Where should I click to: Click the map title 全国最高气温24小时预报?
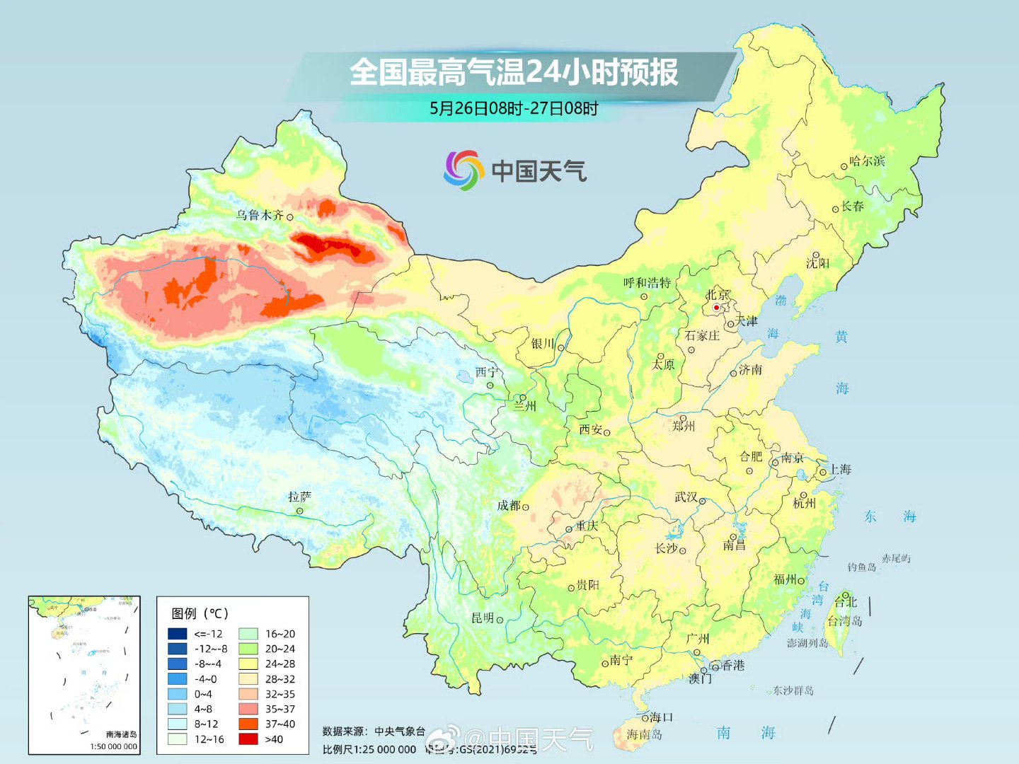pyautogui.click(x=514, y=72)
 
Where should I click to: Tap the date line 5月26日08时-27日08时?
pyautogui.click(x=514, y=108)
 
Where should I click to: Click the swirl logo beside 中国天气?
pyautogui.click(x=463, y=170)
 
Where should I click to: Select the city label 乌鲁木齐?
pyautogui.click(x=260, y=215)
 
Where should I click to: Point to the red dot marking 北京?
pyautogui.click(x=716, y=308)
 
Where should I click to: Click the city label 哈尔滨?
pyautogui.click(x=867, y=161)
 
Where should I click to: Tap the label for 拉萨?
pyautogui.click(x=299, y=497)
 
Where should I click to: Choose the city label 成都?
pyautogui.click(x=508, y=506)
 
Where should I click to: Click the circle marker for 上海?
pyautogui.click(x=822, y=472)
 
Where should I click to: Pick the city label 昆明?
pyautogui.click(x=483, y=618)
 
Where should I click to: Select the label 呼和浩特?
pyautogui.click(x=647, y=283)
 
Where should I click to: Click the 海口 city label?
pyautogui.click(x=662, y=717)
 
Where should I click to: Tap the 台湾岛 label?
pyautogui.click(x=845, y=621)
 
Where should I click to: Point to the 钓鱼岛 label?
pyautogui.click(x=862, y=567)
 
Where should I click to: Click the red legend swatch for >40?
pyautogui.click(x=248, y=739)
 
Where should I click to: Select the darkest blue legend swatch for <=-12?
pyautogui.click(x=177, y=634)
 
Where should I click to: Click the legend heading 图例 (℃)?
pyautogui.click(x=200, y=613)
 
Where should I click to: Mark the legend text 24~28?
pyautogui.click(x=280, y=664)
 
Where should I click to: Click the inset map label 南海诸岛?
pyautogui.click(x=121, y=734)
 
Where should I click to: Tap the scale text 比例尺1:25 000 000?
pyautogui.click(x=369, y=749)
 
